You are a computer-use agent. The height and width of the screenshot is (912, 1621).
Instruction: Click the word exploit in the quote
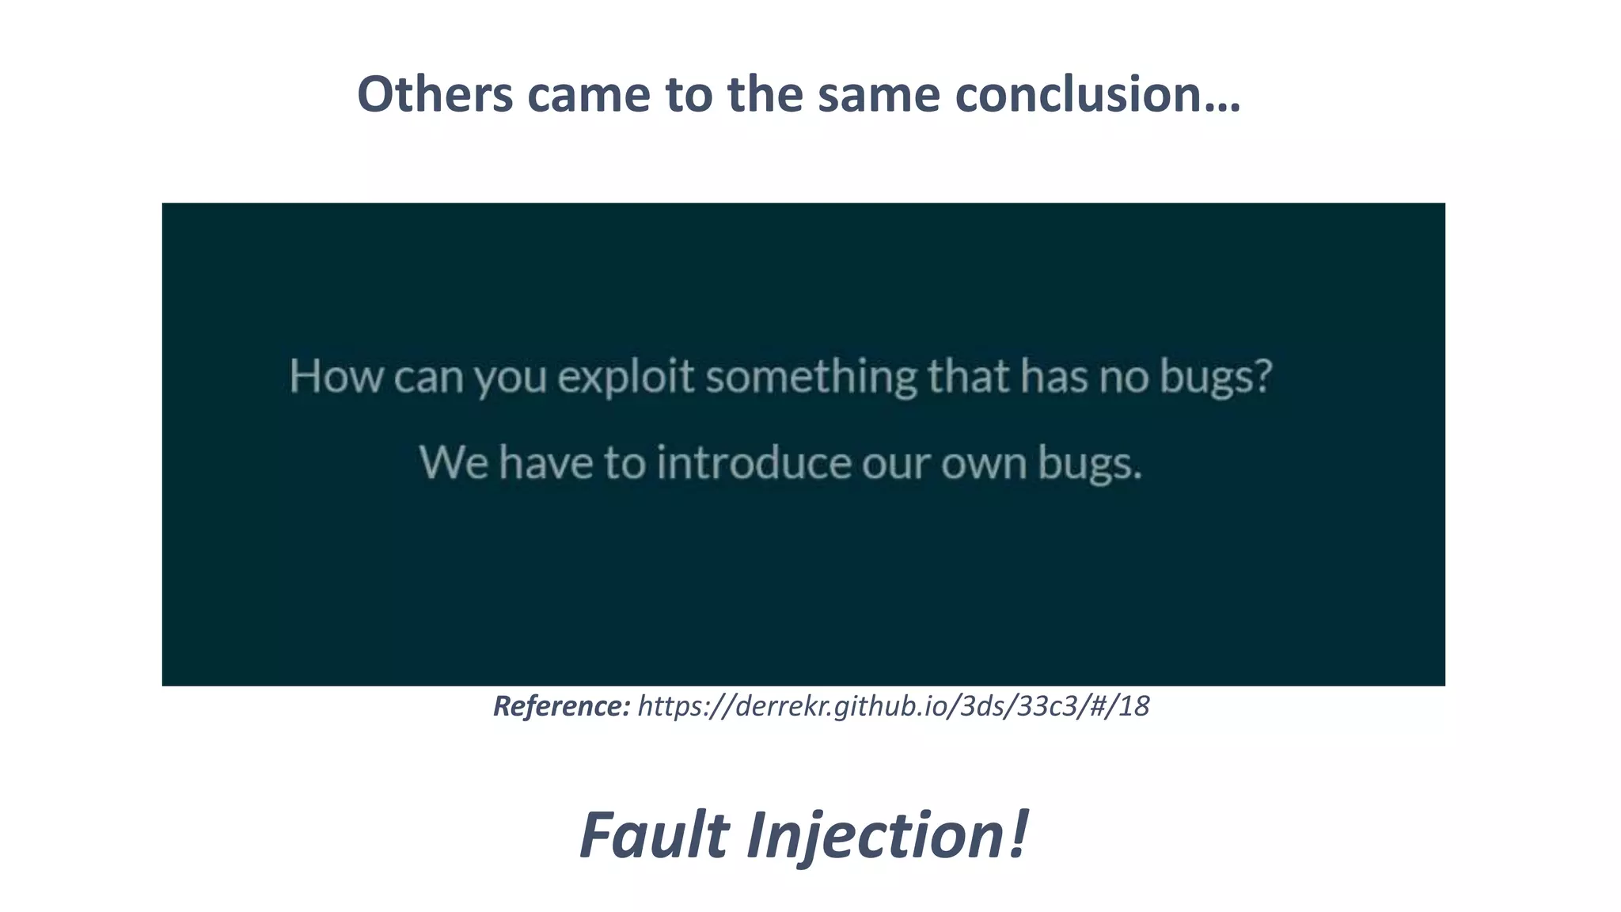[x=625, y=376]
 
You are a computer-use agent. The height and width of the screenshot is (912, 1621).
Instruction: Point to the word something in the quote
[x=810, y=376]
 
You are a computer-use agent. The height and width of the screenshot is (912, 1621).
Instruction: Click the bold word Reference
[x=561, y=705]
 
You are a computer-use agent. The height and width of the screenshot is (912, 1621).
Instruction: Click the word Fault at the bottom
[x=654, y=835]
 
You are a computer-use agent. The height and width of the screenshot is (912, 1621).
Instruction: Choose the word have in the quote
[x=545, y=462]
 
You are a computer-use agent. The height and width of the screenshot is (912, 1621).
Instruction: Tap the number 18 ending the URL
[x=1133, y=705]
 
